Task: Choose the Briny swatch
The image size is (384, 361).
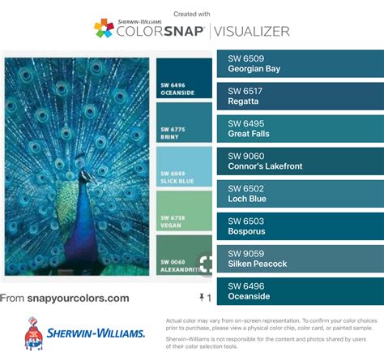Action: click(x=184, y=122)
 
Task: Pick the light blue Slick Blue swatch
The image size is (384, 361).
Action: click(x=184, y=166)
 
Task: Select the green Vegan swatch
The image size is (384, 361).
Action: click(x=184, y=211)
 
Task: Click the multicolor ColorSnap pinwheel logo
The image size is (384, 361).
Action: click(x=104, y=30)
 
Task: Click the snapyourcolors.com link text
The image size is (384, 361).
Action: click(x=78, y=298)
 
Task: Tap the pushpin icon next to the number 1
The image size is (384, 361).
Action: click(x=201, y=299)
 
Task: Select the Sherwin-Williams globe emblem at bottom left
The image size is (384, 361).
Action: click(x=34, y=332)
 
